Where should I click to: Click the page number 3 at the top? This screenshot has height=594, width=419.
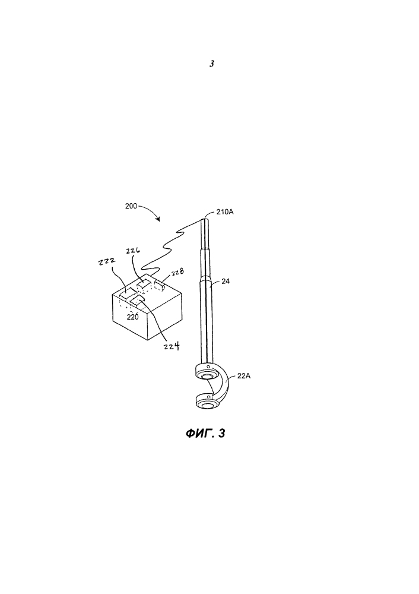pos(212,64)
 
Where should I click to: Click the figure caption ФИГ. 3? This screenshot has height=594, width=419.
pos(205,433)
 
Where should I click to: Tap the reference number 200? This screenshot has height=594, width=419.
pos(131,206)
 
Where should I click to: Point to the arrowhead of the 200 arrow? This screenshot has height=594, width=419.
pos(158,219)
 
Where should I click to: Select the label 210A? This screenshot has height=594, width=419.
pos(225,212)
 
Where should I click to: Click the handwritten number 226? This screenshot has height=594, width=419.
pos(132,251)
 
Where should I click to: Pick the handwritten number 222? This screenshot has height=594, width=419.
pos(106,262)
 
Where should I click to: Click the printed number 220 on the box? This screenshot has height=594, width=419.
pos(132,317)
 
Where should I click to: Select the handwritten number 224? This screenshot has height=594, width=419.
pos(172,346)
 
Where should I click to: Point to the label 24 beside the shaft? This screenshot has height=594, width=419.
pos(225,281)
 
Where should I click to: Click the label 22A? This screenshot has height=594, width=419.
pos(244,376)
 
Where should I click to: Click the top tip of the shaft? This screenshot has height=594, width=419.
pos(204,217)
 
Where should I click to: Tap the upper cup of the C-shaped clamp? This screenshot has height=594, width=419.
pos(207,373)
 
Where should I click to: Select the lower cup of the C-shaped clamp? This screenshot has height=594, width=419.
pos(207,403)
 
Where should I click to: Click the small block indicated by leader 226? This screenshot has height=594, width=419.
pos(144,285)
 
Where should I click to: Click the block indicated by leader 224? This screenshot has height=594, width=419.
pos(138,301)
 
